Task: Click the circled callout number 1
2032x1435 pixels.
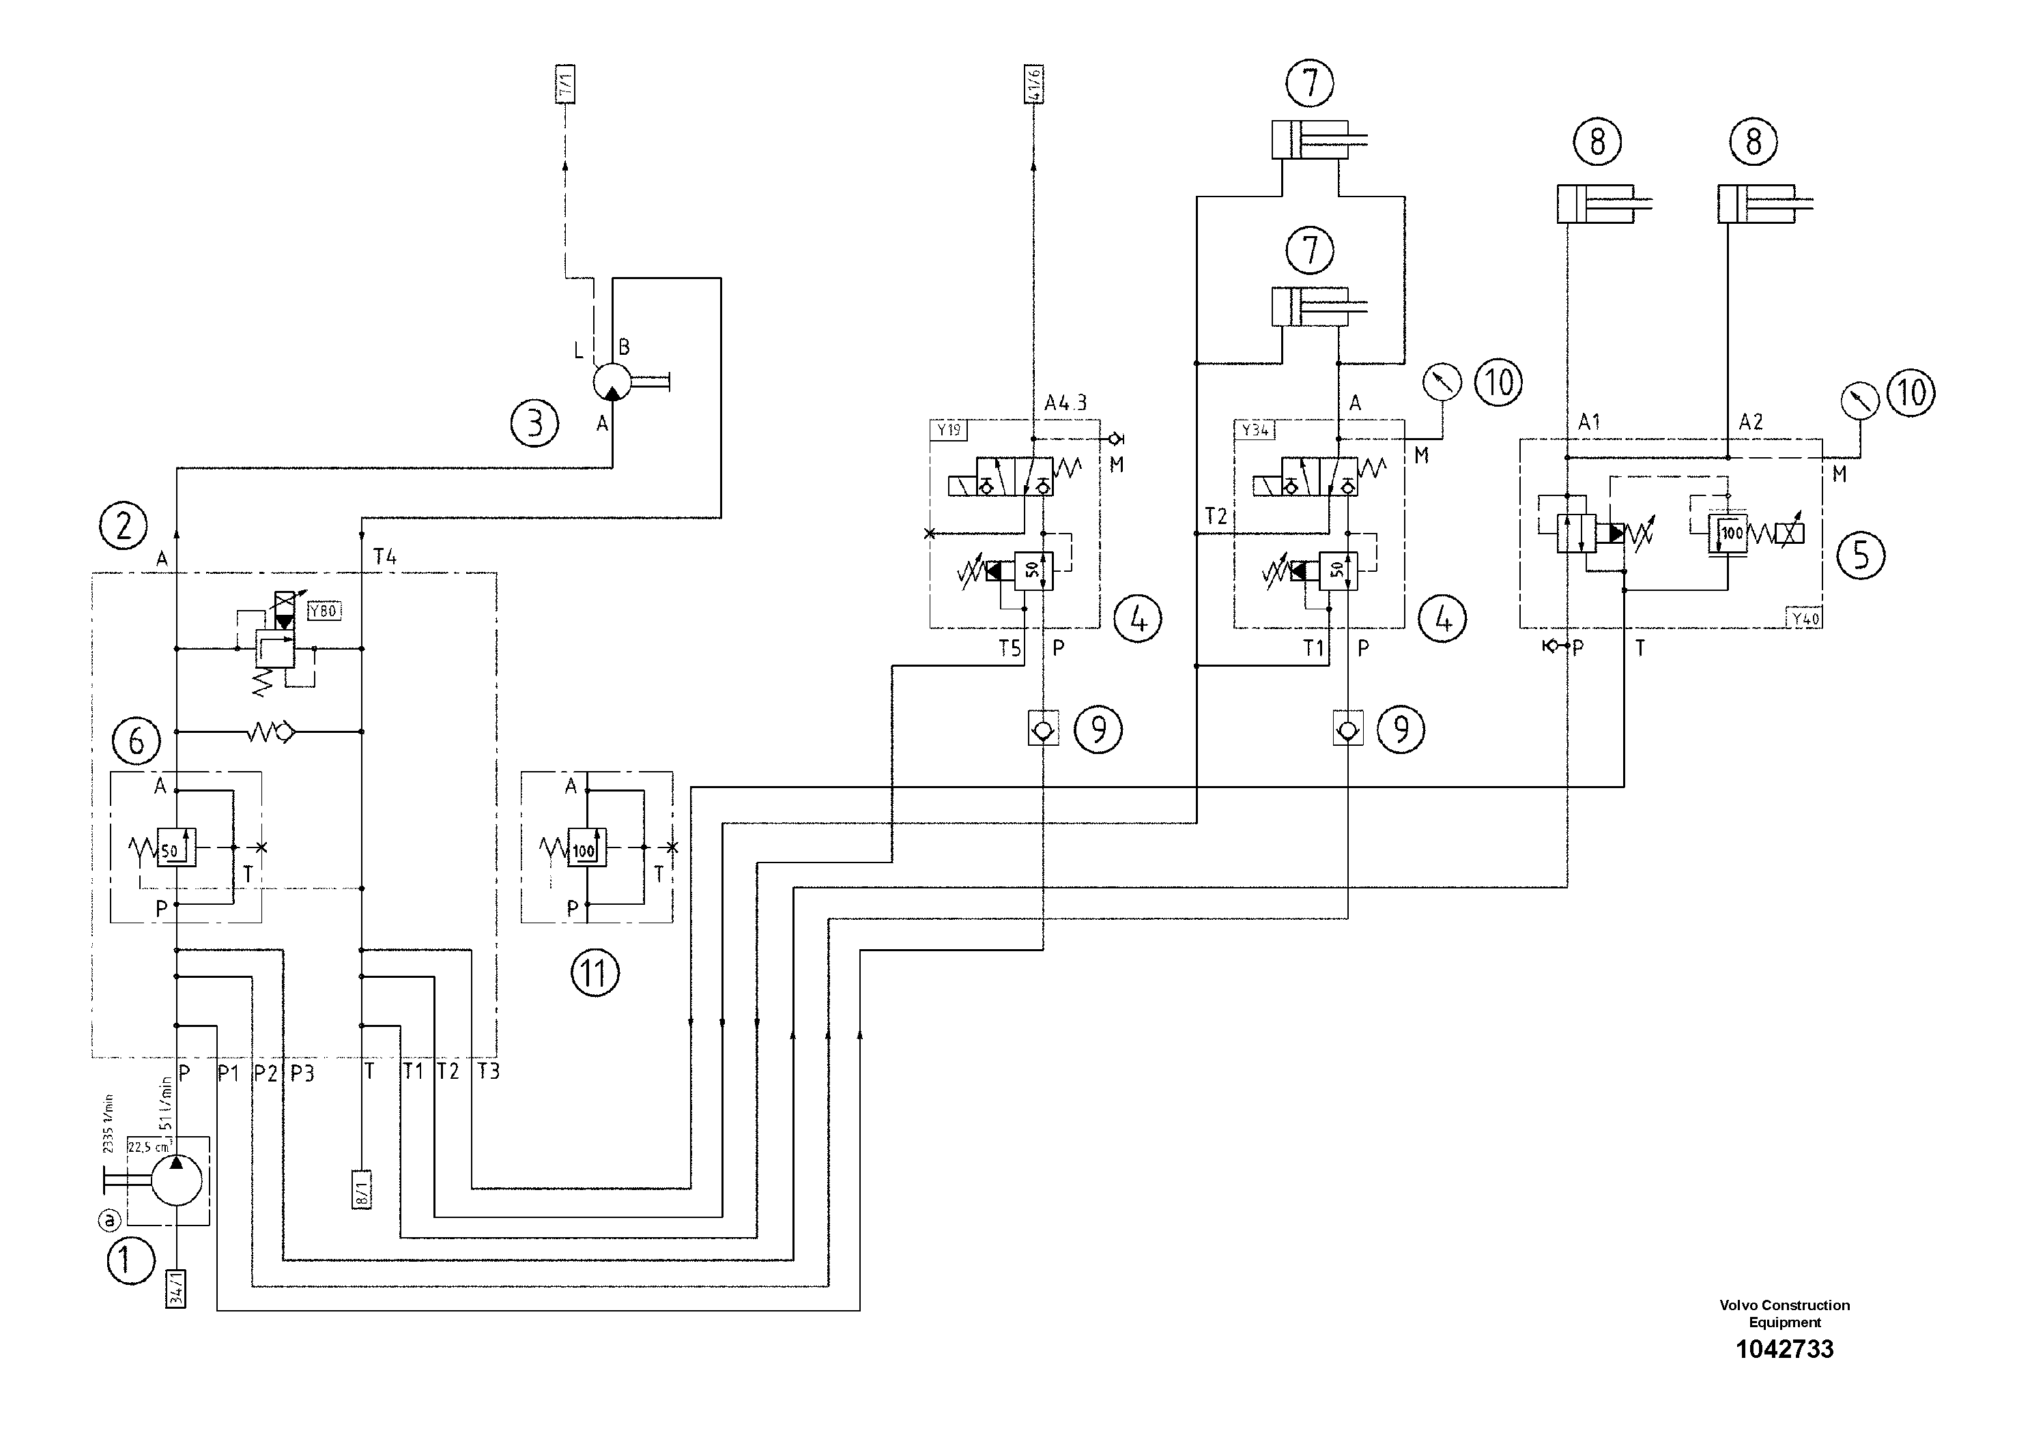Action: pos(130,1260)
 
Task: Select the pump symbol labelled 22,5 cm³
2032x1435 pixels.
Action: pos(176,1180)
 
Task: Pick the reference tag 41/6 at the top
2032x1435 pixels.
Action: pos(1035,83)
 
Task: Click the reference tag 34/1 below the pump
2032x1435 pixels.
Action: pos(177,1288)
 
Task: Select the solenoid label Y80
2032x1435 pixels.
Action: pos(324,611)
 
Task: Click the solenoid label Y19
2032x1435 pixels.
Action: pos(949,430)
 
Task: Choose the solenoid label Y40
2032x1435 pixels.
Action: pos(1805,618)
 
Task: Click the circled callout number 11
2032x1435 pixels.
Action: pos(595,973)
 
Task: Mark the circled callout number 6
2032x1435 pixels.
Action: pos(137,740)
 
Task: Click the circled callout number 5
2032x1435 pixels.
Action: pos(1860,555)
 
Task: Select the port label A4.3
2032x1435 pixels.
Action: pos(1065,403)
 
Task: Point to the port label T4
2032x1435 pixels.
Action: pos(385,557)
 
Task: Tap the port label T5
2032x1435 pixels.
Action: pos(1010,648)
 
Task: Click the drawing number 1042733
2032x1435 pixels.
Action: pos(1784,1349)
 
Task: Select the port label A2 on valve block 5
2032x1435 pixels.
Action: pos(1751,422)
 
